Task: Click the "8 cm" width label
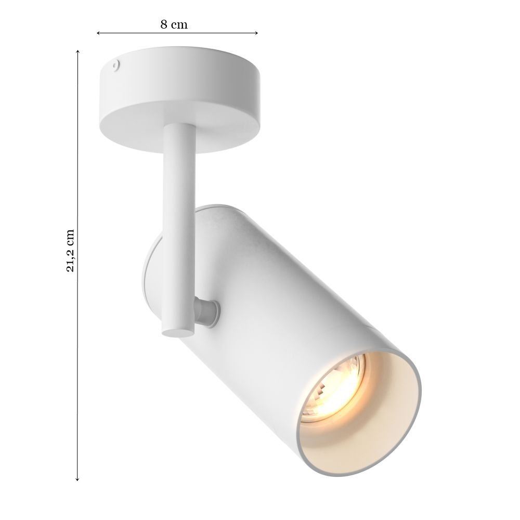click(x=174, y=24)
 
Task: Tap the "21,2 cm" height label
click(x=71, y=251)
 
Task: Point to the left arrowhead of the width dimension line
click(x=98, y=33)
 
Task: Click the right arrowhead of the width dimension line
click(x=256, y=33)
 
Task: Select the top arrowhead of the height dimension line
click(x=77, y=51)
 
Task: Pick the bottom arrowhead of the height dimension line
click(x=77, y=479)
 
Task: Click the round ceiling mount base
click(x=179, y=98)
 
